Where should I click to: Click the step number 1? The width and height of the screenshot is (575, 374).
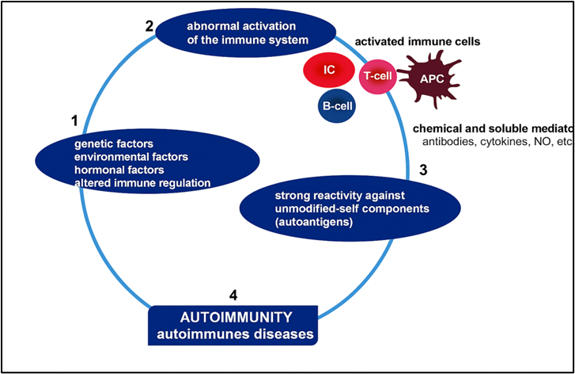[74, 121]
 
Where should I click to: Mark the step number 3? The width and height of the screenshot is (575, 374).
[423, 170]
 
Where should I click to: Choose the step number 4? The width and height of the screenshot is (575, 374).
[233, 296]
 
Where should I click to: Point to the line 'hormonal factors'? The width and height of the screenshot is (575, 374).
[119, 170]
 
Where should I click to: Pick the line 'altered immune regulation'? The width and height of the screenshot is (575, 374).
[142, 183]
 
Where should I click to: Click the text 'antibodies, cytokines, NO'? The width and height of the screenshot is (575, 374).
[475, 142]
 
